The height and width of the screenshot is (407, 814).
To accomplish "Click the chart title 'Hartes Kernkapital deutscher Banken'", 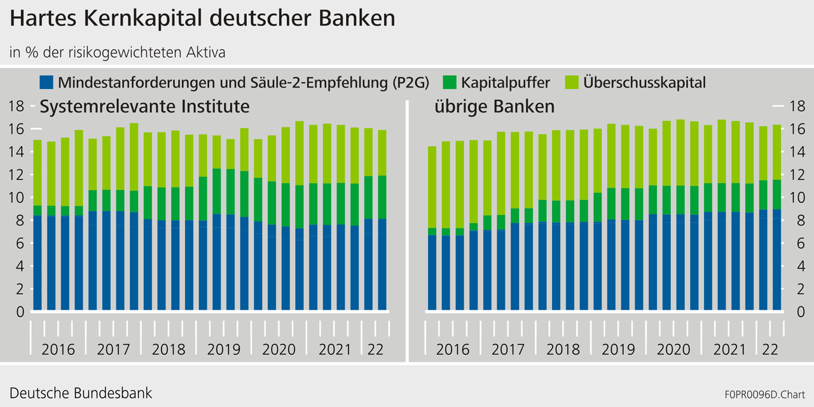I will [202, 19].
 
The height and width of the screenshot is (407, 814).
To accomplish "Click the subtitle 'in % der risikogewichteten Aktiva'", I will [117, 53].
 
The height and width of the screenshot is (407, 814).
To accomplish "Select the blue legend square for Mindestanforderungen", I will [46, 83].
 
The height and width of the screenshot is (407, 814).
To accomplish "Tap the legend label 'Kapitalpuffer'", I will [506, 83].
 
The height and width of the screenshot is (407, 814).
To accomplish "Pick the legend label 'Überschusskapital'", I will [644, 83].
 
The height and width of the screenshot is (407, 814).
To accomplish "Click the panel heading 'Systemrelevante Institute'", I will [144, 106].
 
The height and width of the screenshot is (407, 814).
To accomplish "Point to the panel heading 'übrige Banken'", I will [494, 106].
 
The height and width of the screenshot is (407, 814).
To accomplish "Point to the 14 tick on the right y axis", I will [796, 152].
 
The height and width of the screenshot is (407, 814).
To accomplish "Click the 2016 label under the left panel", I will [58, 350].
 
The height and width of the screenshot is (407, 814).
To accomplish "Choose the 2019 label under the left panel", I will [223, 350].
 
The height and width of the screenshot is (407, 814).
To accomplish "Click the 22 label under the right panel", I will [770, 350].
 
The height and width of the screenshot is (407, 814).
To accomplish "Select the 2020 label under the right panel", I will [673, 350].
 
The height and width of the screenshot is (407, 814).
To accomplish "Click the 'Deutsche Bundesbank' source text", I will [81, 393].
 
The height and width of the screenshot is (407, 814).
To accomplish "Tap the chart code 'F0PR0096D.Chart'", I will [764, 394].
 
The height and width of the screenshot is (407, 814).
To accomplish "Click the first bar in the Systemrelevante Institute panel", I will [38, 225].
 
